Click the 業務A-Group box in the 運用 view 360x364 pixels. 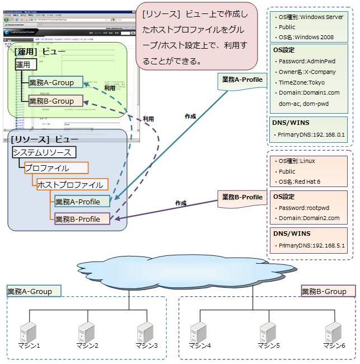pos(55,83)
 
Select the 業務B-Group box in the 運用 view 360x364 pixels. pos(55,101)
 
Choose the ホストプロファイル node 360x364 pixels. pos(70,184)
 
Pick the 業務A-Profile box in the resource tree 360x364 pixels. pos(82,202)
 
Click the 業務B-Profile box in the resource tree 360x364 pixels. pos(82,219)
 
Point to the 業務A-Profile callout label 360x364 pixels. pos(242,80)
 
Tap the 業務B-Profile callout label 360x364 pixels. pos(242,197)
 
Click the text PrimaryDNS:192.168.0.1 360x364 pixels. pos(311,135)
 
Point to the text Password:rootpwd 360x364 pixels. pos(307,208)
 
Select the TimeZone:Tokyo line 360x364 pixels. pos(306,82)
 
